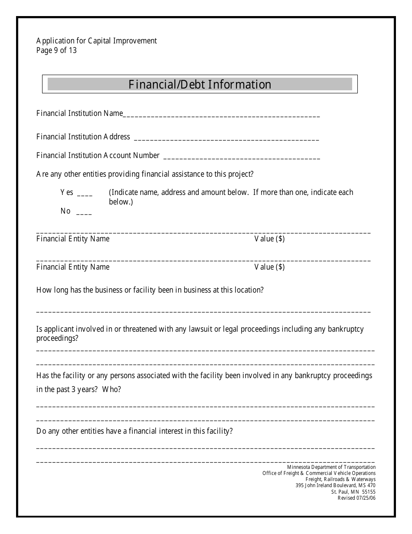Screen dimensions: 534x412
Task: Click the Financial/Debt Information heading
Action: pos(199,84)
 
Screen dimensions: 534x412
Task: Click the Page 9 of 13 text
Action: pos(56,50)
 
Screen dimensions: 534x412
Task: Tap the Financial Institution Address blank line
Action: pos(226,138)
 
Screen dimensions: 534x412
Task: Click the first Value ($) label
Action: pos(269,239)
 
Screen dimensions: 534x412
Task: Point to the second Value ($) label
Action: pos(269,267)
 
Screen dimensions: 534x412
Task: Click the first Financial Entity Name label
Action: pos(73,239)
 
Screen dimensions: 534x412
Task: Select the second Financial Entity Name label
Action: pos(73,267)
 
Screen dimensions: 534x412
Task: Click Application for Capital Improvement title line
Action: pos(96,41)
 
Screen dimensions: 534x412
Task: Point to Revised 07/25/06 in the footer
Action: pos(356,498)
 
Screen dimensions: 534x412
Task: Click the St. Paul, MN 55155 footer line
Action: pos(353,492)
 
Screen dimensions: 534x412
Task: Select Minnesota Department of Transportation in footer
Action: pos(331,467)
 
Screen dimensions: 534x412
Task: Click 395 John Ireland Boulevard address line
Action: pos(335,485)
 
